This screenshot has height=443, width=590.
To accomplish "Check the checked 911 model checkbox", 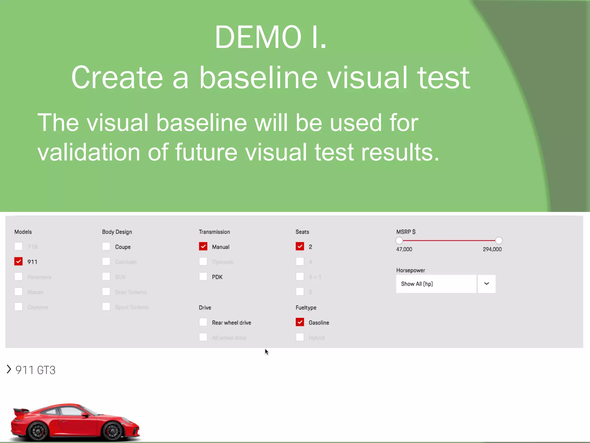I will point(18,262).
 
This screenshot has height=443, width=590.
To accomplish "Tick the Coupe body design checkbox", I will point(106,247).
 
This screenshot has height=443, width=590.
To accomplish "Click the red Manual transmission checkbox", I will point(203,247).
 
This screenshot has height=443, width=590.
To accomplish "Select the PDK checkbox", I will point(203,277).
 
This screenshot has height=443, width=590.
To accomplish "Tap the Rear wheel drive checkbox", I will point(203,322).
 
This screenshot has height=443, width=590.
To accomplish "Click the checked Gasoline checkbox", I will point(300,322).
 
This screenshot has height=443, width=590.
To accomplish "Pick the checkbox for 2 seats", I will point(300,247).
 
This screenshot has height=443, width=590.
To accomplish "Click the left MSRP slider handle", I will point(399,241).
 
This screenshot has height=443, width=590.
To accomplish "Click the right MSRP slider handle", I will point(499,241).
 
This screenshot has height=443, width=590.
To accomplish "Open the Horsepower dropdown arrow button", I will point(487,284).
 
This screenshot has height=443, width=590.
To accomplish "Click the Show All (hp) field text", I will point(417,284).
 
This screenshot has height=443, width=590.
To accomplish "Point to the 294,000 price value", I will point(492,249).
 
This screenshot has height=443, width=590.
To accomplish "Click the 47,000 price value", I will point(404,249).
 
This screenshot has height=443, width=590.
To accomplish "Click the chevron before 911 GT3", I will point(9,369).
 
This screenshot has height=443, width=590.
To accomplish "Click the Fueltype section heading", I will point(306,307).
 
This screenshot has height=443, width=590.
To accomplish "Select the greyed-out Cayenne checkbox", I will point(18,307).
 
